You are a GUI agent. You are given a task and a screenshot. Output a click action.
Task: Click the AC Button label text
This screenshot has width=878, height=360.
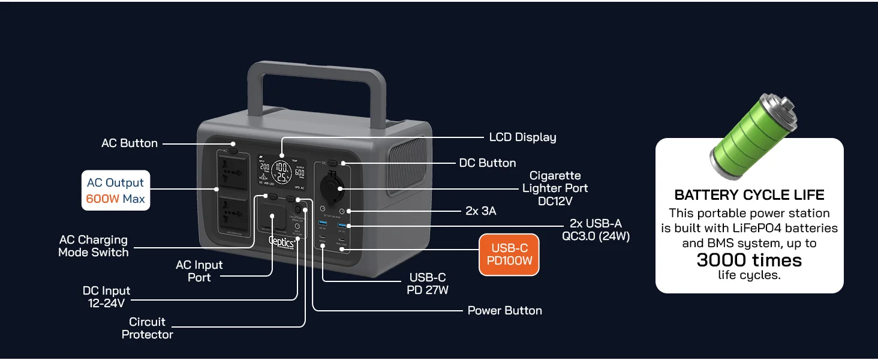[130, 143]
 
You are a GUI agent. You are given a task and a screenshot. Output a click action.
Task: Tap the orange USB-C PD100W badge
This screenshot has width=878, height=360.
[509, 255]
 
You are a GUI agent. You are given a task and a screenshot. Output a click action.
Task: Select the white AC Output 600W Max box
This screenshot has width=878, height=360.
[116, 191]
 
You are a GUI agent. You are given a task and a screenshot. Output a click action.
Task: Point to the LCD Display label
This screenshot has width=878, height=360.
[522, 137]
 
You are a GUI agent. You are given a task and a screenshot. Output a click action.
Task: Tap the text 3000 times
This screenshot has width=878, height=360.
[749, 260]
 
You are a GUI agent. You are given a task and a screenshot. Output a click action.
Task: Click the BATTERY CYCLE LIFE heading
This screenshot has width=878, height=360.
[749, 195]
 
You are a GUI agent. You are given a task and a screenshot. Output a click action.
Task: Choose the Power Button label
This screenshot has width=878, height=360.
[504, 310]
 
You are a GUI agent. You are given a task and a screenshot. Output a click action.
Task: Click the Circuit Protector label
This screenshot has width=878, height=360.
[148, 328]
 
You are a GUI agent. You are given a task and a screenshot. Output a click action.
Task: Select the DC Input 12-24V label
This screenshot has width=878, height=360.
[107, 297]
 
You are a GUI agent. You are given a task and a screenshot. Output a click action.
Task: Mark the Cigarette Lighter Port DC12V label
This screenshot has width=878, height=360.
[554, 188]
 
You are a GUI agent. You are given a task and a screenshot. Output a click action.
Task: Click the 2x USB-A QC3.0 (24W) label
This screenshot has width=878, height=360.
[596, 230]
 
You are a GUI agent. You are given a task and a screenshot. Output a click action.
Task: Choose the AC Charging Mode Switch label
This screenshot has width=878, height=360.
[94, 246]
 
